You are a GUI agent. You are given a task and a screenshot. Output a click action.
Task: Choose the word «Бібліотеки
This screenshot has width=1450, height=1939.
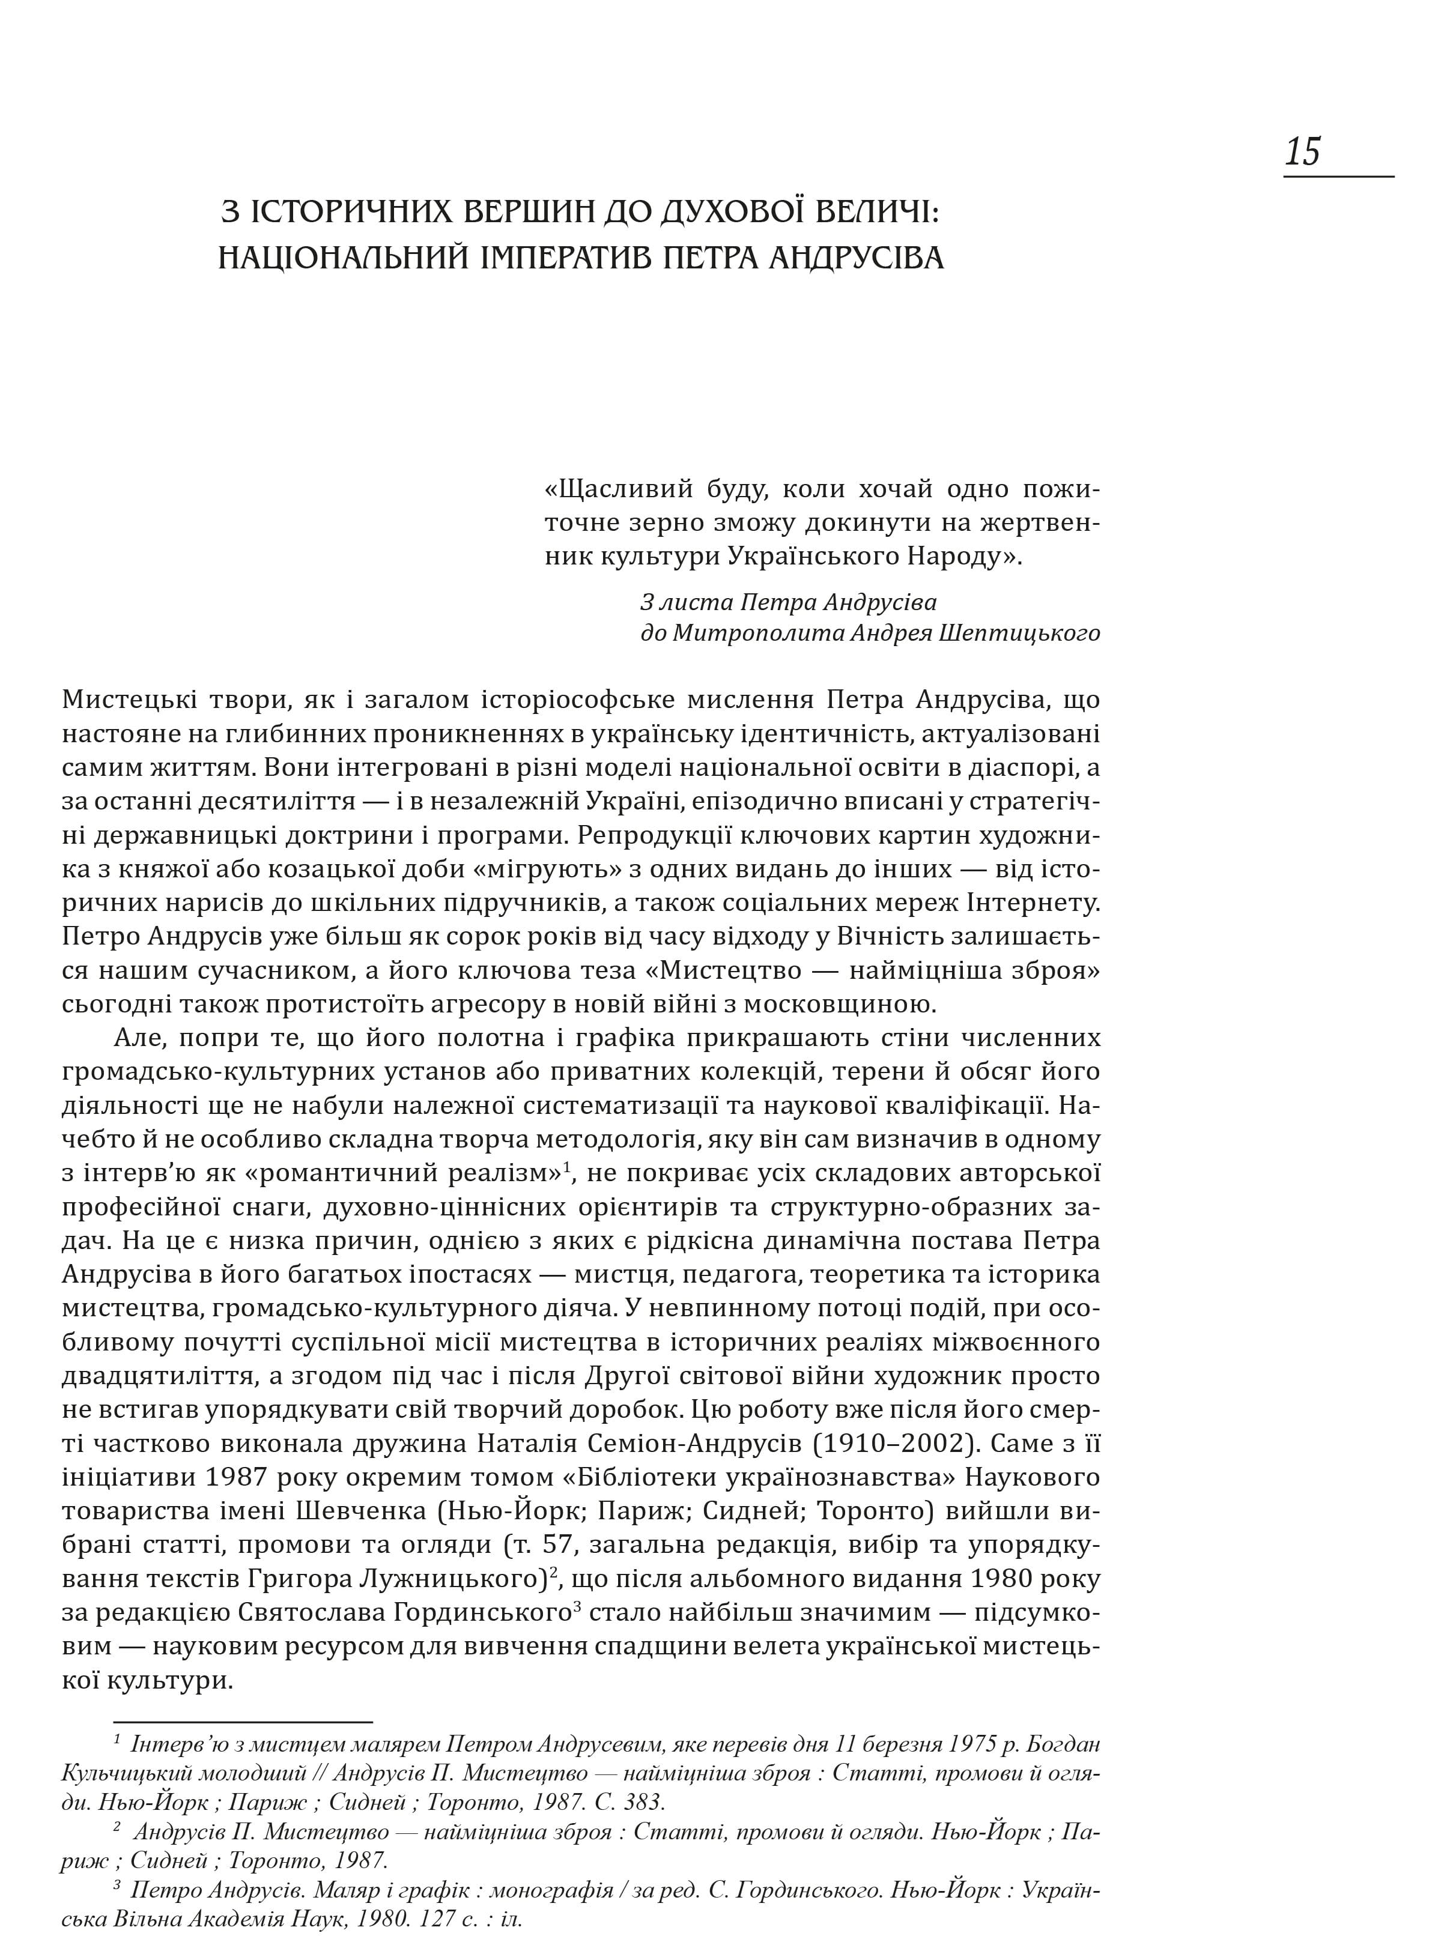(662, 1477)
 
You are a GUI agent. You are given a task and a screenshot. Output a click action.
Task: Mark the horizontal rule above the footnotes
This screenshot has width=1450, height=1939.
(243, 1697)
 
